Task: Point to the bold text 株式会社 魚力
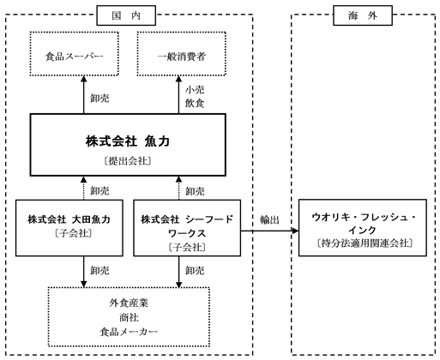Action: click(128, 141)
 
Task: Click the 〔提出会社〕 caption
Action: click(128, 161)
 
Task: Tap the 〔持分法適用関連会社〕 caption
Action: click(365, 243)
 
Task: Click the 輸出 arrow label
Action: click(269, 219)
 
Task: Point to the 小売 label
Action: click(195, 90)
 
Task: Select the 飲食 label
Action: click(195, 103)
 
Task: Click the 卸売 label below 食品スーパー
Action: click(99, 99)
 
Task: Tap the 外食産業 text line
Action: click(129, 303)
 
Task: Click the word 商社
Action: click(129, 317)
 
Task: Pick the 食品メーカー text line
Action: click(129, 332)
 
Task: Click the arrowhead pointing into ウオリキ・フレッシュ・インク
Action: click(295, 231)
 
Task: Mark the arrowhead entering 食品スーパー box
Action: click(84, 79)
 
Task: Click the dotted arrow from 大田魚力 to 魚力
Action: click(84, 188)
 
